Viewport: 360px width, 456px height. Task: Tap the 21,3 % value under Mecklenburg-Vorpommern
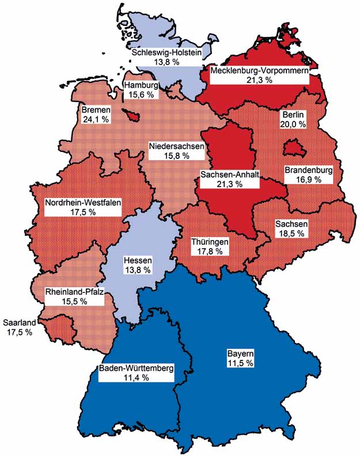pos(257,80)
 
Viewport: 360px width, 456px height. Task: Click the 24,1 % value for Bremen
pos(96,119)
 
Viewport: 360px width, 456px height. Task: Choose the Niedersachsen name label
pos(176,146)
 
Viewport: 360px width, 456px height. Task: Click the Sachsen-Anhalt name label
pos(229,174)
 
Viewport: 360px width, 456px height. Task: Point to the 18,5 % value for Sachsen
pos(291,233)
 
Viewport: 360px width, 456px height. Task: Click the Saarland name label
pos(19,322)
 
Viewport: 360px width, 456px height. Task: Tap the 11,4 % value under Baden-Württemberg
pos(135,378)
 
